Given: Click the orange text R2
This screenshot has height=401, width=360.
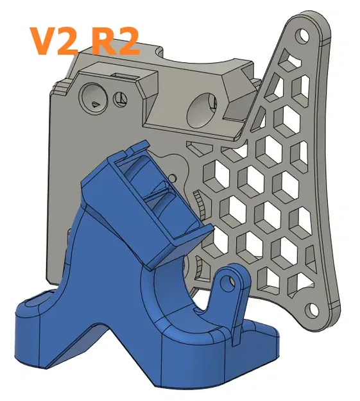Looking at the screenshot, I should (112, 40).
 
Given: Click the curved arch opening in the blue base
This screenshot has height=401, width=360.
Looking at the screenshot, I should (170, 295).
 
